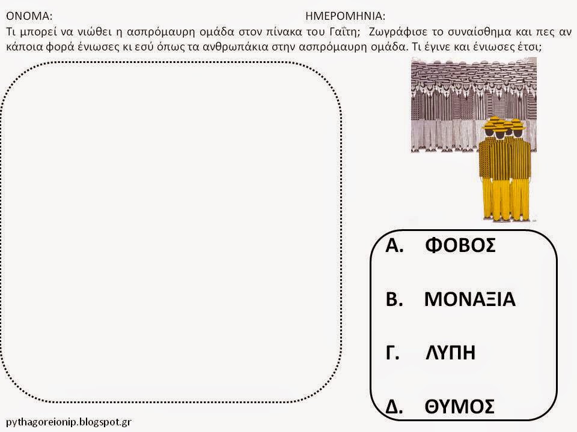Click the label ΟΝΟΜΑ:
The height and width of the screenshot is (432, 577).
click(29, 16)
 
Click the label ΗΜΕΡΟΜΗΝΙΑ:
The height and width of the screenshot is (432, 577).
click(345, 16)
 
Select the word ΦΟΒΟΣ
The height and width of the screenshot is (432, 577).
click(460, 245)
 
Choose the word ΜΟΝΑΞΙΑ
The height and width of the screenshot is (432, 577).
click(470, 299)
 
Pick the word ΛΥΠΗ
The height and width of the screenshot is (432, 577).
click(450, 352)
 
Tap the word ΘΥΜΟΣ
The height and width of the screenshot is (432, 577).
click(460, 406)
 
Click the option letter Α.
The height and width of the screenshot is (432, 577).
click(394, 245)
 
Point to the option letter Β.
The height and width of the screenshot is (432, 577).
click(394, 299)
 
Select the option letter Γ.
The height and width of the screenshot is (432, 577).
click(392, 352)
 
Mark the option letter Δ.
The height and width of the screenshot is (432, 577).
click(394, 406)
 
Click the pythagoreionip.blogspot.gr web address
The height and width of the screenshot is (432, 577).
click(69, 422)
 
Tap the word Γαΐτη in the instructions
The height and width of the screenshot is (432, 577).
click(343, 32)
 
